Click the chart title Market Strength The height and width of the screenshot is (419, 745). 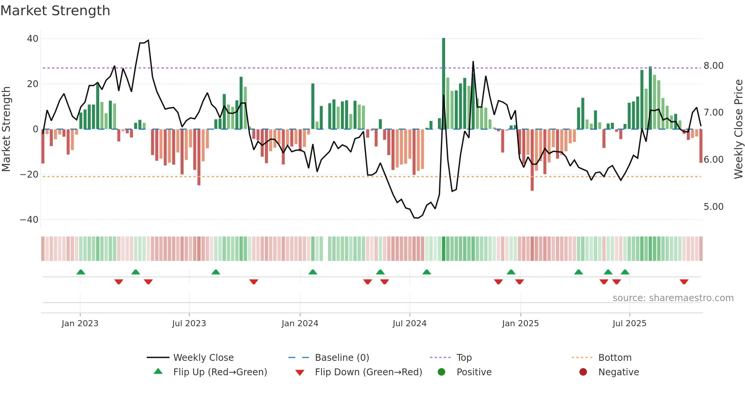click(x=55, y=11)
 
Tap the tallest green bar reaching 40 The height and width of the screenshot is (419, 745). click(x=444, y=84)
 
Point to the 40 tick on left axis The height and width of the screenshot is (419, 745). click(x=33, y=39)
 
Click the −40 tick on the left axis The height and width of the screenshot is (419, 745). click(x=29, y=220)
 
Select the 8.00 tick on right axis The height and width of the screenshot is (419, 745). click(x=713, y=66)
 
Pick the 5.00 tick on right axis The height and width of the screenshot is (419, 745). click(x=713, y=207)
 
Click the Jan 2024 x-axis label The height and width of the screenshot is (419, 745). click(x=300, y=324)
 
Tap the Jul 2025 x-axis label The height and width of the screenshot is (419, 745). click(x=629, y=324)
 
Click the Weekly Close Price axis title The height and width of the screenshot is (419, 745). click(x=738, y=129)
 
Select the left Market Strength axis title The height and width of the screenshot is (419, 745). click(x=6, y=129)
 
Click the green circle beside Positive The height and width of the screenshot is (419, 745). click(x=441, y=372)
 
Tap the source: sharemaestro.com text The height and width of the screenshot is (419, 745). click(x=673, y=298)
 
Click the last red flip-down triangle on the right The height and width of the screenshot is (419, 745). click(x=684, y=282)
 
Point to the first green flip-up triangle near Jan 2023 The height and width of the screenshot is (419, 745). click(x=81, y=272)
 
